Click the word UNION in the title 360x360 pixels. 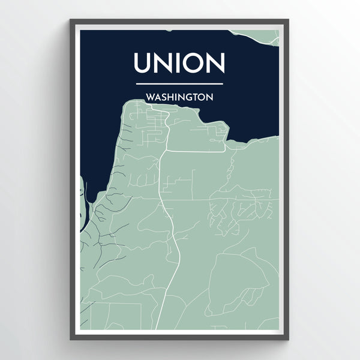(x=179, y=64)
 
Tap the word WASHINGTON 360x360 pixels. (x=179, y=96)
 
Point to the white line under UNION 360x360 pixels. (x=179, y=84)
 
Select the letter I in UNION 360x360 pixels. (x=175, y=64)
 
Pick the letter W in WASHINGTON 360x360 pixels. (x=149, y=96)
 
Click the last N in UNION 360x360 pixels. (x=215, y=64)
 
